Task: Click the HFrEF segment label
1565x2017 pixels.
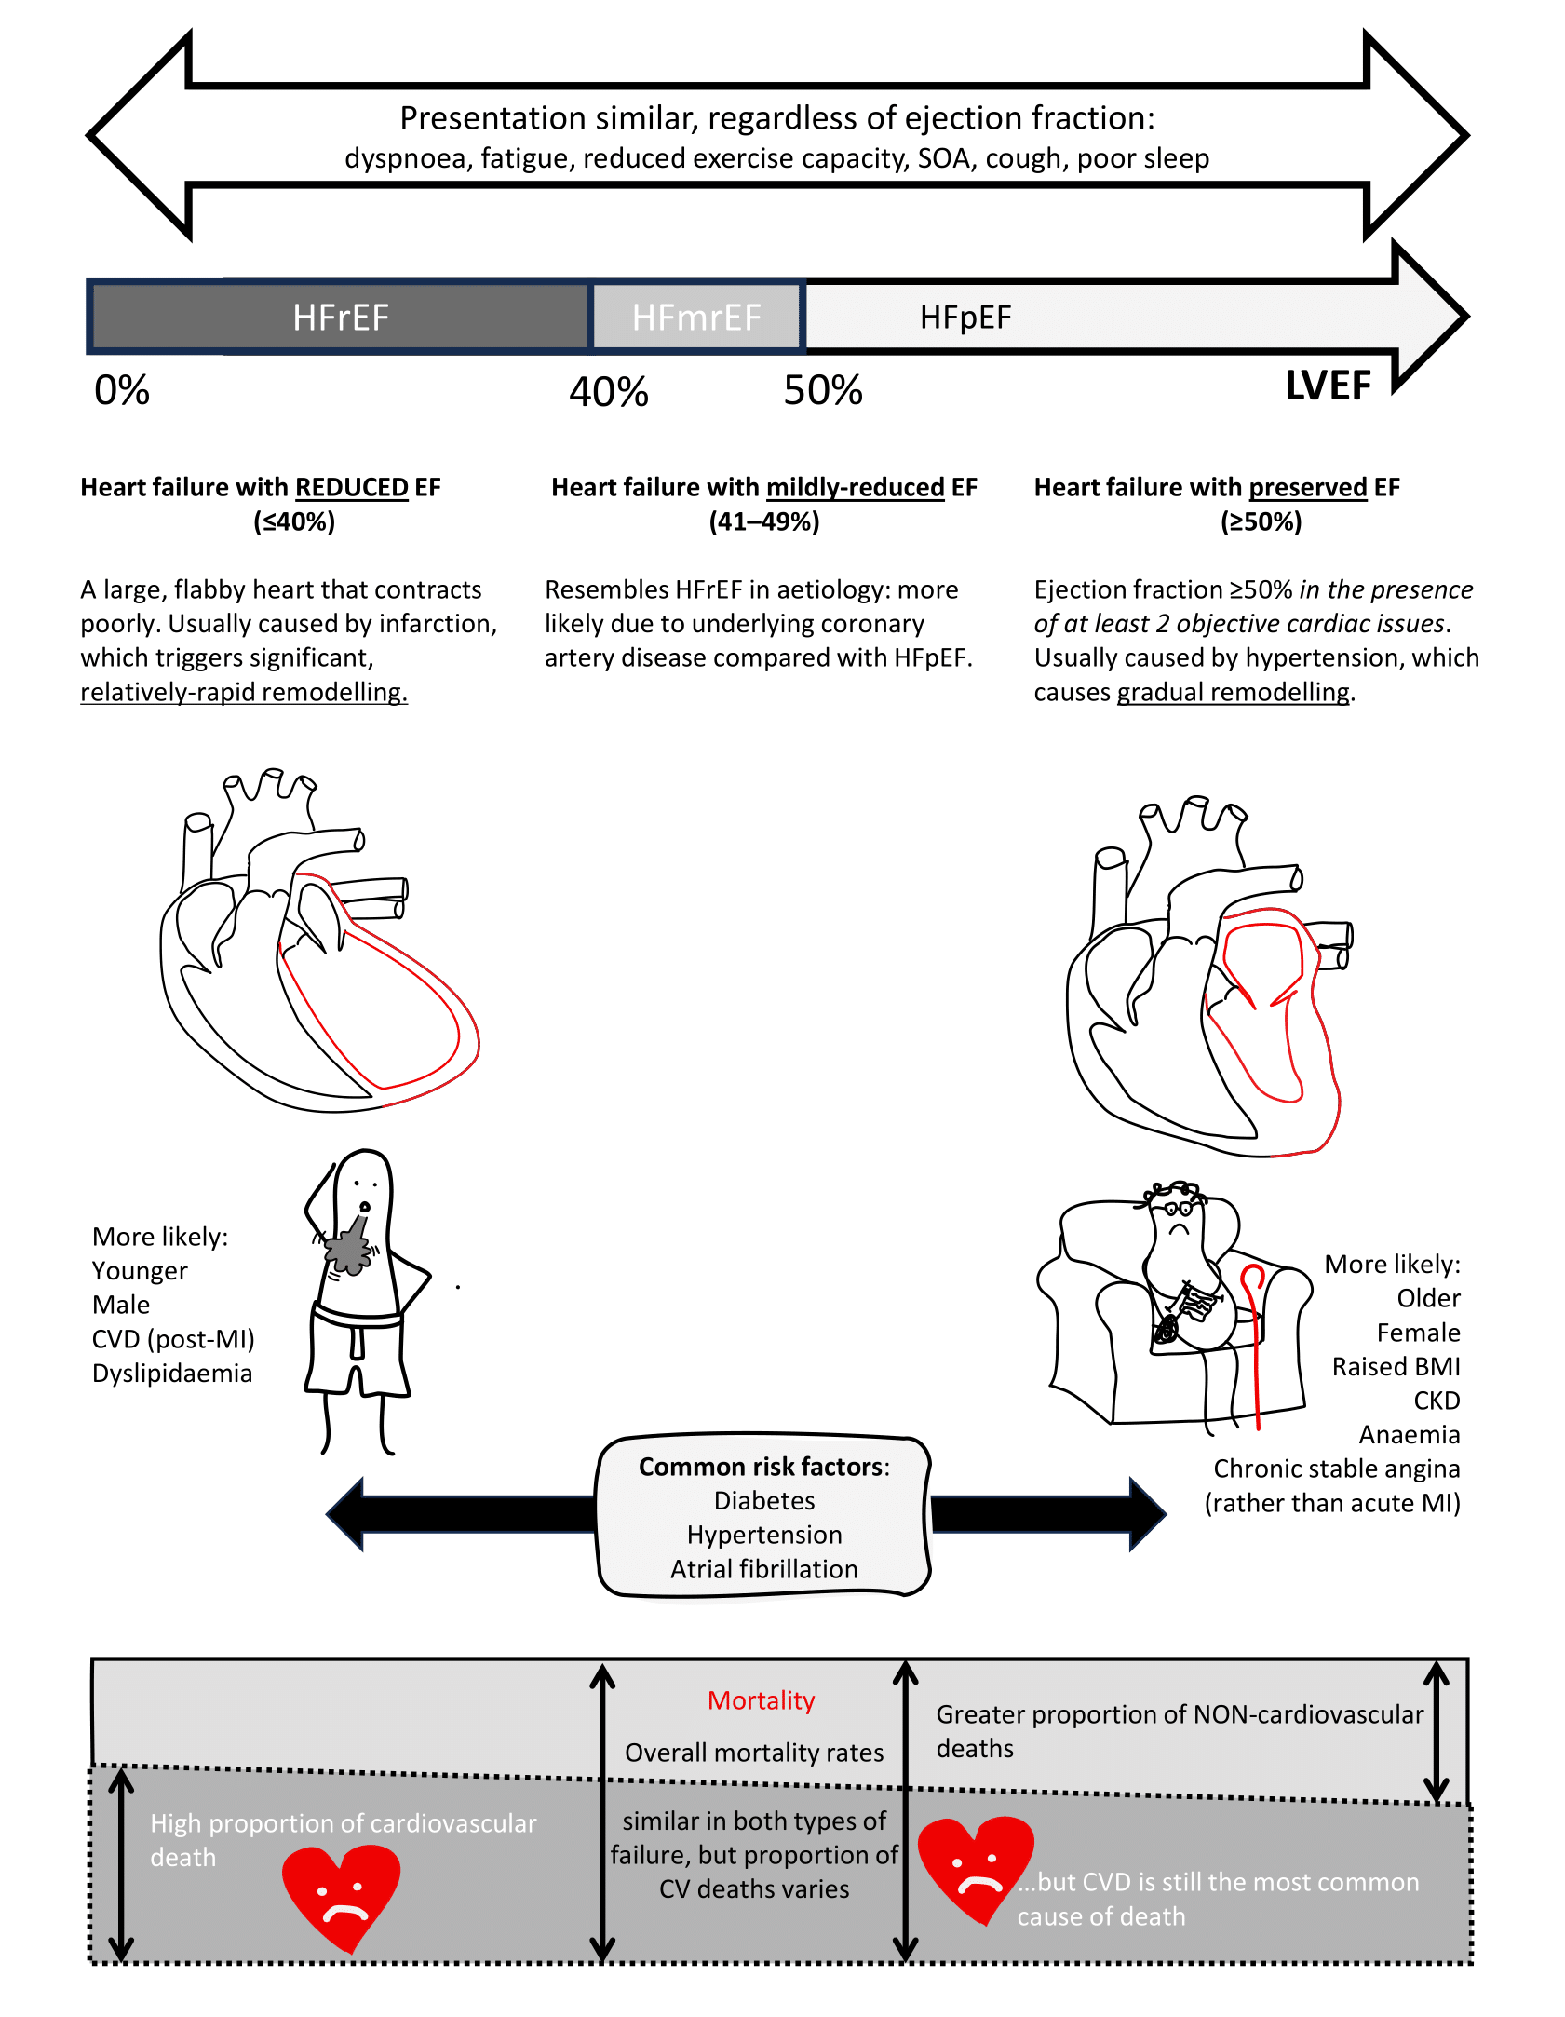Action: click(x=340, y=318)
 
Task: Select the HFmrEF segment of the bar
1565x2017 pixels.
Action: click(x=696, y=318)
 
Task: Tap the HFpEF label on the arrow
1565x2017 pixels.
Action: click(x=965, y=318)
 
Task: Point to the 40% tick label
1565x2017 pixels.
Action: click(x=609, y=392)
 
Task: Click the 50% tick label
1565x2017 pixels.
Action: click(x=823, y=390)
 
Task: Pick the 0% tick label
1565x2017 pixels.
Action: click(x=122, y=390)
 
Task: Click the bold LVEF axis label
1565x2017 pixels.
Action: click(x=1328, y=386)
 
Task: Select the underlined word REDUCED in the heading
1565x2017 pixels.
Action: click(x=352, y=487)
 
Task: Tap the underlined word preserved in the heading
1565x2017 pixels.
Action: click(x=1307, y=487)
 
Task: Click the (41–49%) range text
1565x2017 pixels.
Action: click(x=764, y=521)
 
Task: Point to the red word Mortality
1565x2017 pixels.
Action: click(x=761, y=1700)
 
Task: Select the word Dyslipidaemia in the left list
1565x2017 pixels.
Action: click(x=172, y=1374)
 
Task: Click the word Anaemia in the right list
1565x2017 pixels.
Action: click(x=1409, y=1435)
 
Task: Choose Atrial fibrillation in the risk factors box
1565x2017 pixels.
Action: click(x=764, y=1569)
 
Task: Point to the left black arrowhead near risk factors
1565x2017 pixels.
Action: click(x=345, y=1513)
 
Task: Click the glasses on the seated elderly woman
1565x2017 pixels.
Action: click(x=1178, y=1210)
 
